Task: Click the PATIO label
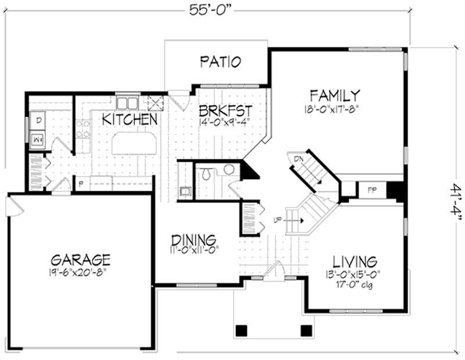(220, 62)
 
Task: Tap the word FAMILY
(334, 95)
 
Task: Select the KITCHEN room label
(130, 119)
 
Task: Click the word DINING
(194, 240)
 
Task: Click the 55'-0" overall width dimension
(207, 10)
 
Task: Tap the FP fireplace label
(370, 190)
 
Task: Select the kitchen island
(135, 142)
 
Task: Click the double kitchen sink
(127, 104)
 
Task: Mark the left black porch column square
(240, 330)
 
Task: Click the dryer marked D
(37, 121)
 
